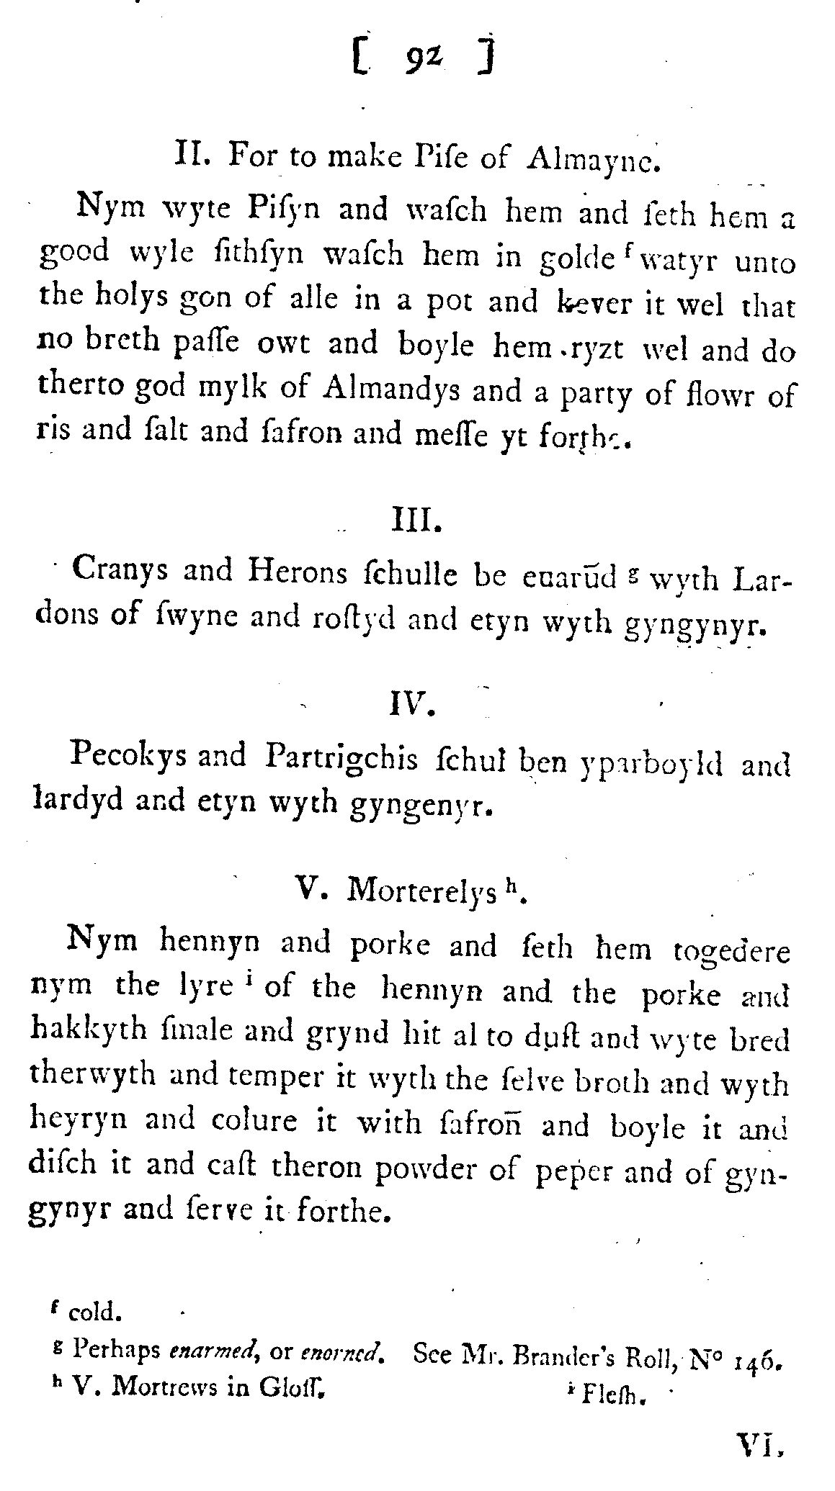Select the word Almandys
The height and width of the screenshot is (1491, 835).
coord(380,390)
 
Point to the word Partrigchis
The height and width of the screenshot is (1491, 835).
coord(341,759)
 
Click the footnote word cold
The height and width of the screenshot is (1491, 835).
coord(95,1312)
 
